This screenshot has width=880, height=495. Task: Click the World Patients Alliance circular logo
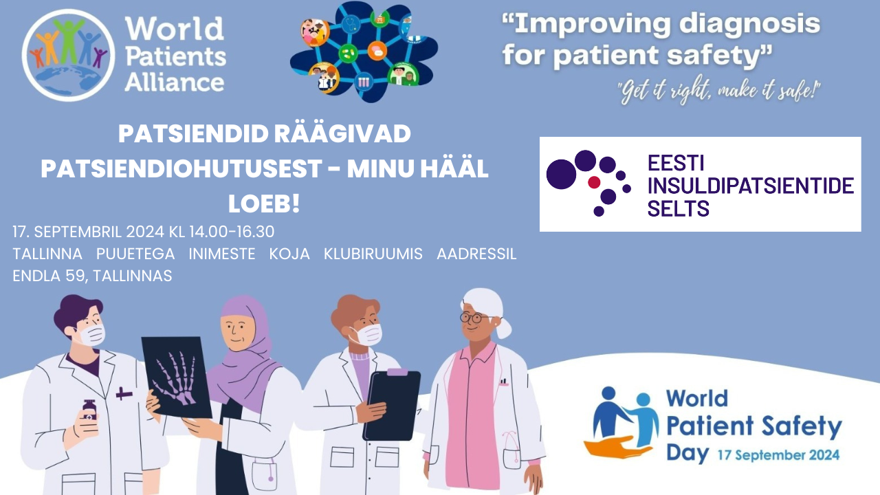68,55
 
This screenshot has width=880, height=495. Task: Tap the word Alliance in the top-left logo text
175,83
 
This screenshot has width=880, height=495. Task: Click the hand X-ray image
177,377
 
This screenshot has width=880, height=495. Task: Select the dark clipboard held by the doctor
392,405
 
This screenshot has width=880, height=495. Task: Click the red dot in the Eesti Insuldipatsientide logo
594,182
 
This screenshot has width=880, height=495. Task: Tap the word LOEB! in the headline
264,203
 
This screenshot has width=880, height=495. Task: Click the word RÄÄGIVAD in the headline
342,133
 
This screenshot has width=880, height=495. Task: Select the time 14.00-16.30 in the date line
232,232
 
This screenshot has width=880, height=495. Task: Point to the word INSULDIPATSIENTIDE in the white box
750,186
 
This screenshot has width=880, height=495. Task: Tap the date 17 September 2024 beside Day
779,455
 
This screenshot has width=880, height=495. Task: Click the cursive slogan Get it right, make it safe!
718,91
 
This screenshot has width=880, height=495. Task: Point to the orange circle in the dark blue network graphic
377,51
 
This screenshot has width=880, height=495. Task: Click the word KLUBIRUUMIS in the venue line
373,254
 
